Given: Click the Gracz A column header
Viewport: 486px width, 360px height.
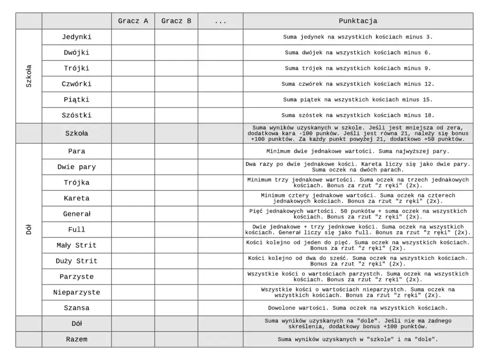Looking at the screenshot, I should [133, 21].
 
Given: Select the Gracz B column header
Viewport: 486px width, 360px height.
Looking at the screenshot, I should [176, 21].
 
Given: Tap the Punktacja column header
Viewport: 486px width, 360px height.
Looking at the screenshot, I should [358, 21].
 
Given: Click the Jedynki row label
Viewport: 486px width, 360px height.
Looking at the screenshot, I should [76, 37].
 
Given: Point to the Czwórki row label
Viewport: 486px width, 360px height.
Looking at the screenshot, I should [76, 84].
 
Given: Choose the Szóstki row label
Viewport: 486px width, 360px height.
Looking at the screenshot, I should [76, 115].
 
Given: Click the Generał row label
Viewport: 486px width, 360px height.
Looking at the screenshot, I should [76, 214].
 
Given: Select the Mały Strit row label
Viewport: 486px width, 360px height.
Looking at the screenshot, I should [76, 245].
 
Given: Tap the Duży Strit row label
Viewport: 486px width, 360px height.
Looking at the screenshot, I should [76, 261].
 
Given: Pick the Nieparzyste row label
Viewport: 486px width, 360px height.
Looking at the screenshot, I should [76, 292].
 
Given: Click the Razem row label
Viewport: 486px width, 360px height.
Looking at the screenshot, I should [76, 340].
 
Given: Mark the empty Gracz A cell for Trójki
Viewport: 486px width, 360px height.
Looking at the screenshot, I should [133, 68].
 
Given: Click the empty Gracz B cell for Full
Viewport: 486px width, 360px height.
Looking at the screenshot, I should [176, 230].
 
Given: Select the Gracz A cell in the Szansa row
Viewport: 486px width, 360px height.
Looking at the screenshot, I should [133, 308].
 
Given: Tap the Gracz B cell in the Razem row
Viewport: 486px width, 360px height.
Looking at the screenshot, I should [176, 340].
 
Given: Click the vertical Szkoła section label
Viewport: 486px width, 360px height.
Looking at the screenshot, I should [29, 76].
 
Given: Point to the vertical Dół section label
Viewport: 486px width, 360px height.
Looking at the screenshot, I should [29, 230].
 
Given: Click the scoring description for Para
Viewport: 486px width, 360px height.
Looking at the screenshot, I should [358, 151].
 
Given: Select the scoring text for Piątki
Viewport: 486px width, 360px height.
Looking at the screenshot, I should [358, 100].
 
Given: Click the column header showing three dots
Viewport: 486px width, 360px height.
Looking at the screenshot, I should [220, 21].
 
